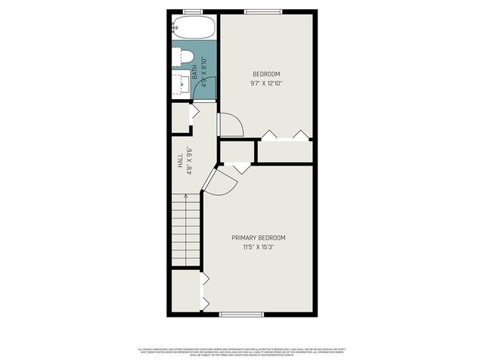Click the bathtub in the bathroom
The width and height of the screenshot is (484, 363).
[x=193, y=29]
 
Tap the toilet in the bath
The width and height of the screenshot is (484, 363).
[x=185, y=56]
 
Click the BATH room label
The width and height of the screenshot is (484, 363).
[x=195, y=73]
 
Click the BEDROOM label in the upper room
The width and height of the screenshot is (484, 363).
[x=266, y=73]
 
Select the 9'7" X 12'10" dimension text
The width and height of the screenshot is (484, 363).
[x=266, y=83]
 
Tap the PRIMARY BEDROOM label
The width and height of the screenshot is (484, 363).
[x=259, y=237]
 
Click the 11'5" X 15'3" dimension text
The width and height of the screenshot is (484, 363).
[x=259, y=247]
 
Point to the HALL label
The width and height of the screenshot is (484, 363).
[x=180, y=163]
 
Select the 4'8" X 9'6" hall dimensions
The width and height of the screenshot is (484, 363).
[x=190, y=162]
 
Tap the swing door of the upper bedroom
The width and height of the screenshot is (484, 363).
[x=229, y=125]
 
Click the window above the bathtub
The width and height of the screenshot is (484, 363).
[x=193, y=11]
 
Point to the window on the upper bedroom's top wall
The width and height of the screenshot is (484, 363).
[x=263, y=11]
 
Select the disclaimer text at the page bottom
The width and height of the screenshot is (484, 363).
[x=242, y=351]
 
